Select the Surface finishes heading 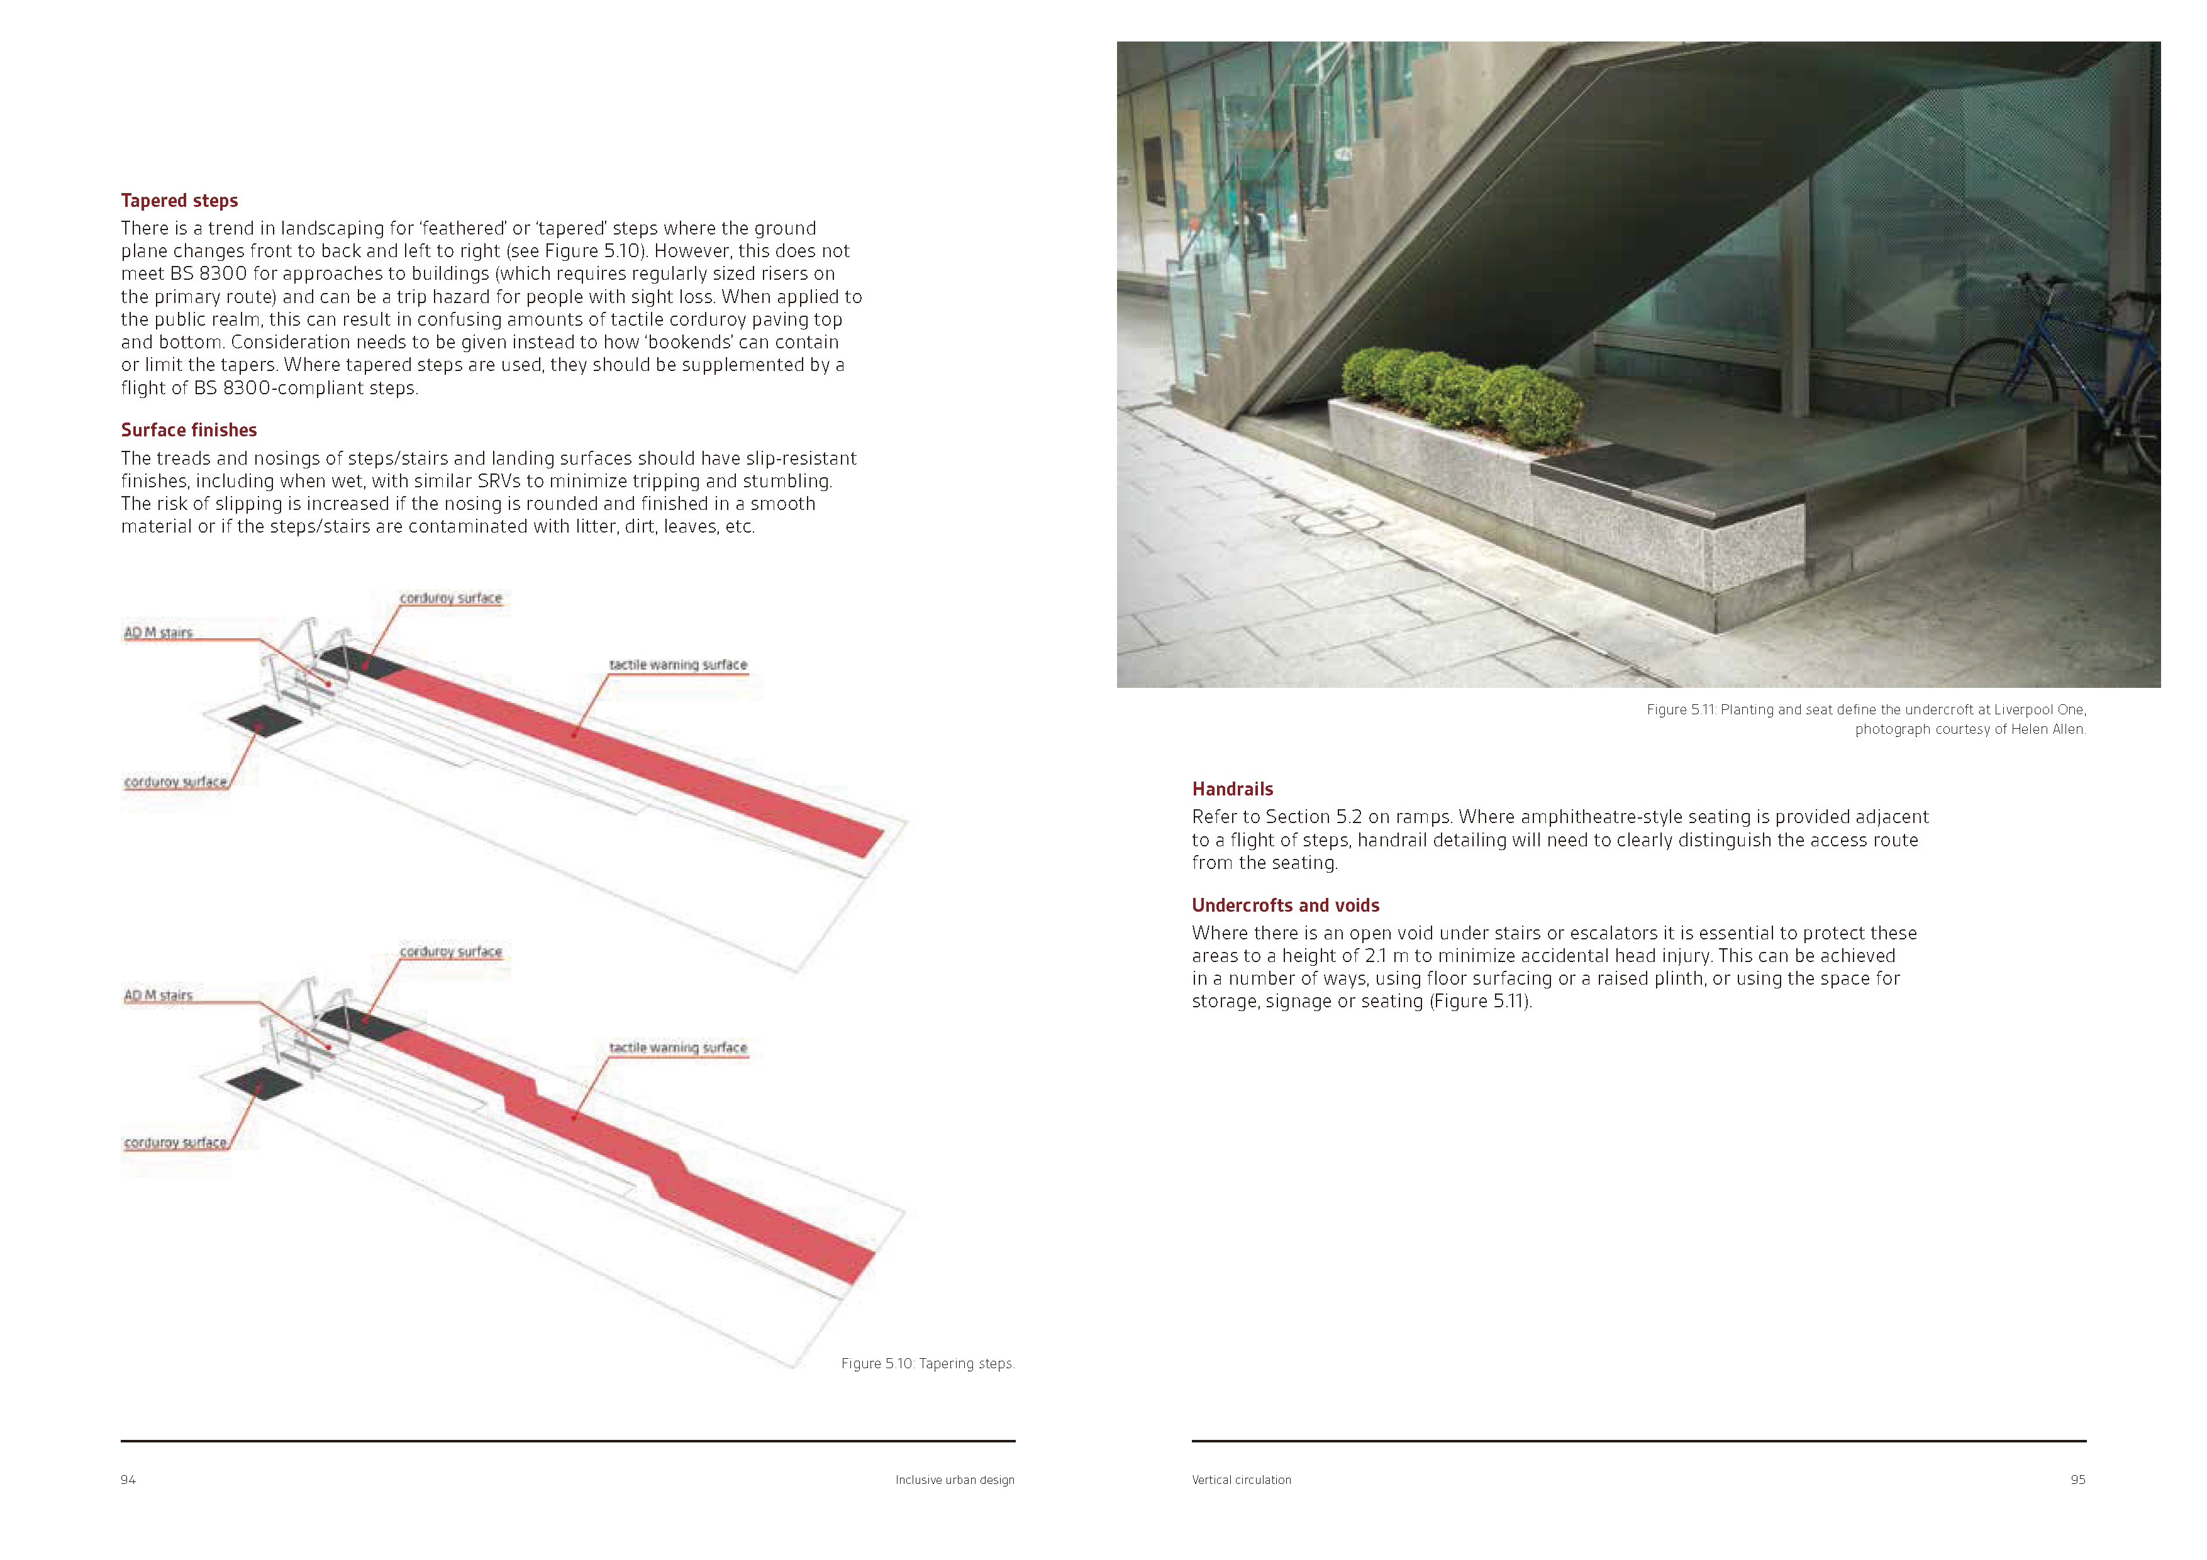pos(189,429)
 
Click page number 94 pos(128,1480)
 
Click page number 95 pos(2077,1480)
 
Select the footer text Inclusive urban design pos(955,1480)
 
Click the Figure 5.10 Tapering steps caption pos(926,1363)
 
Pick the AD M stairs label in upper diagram pos(158,633)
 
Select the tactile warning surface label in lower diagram pos(677,1047)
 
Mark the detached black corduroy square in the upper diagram pos(264,720)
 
